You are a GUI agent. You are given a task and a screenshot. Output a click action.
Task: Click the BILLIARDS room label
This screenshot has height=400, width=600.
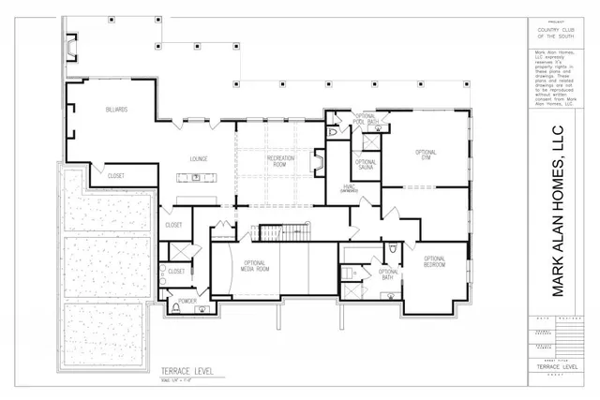(116, 111)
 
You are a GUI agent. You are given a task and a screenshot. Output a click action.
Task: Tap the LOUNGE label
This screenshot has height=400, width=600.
(199, 158)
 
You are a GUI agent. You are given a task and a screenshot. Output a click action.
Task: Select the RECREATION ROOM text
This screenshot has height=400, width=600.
(281, 162)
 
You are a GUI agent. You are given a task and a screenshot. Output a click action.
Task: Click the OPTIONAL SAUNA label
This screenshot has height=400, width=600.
(366, 165)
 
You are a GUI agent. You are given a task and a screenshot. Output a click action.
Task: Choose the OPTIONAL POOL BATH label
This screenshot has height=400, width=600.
(365, 120)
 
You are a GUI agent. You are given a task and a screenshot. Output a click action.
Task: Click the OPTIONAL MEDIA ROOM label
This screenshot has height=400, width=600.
(256, 267)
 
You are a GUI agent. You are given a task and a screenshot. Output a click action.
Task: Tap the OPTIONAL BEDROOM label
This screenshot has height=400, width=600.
(434, 261)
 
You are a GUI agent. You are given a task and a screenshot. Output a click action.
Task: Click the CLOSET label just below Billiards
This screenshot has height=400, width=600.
(116, 175)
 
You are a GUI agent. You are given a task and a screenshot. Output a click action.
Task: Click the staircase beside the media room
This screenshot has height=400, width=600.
(283, 233)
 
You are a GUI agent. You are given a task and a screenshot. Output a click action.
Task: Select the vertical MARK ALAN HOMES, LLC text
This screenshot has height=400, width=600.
(559, 211)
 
